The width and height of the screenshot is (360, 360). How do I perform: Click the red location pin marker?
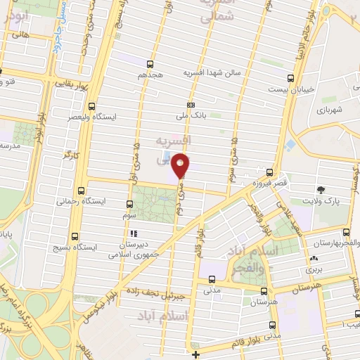(x=181, y=165)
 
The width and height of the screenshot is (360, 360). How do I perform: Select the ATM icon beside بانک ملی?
(x=191, y=103)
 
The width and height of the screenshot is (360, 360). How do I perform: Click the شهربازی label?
(x=328, y=110)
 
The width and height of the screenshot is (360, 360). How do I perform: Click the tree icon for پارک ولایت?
(x=321, y=189)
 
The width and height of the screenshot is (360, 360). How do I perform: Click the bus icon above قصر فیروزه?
(x=271, y=171)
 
